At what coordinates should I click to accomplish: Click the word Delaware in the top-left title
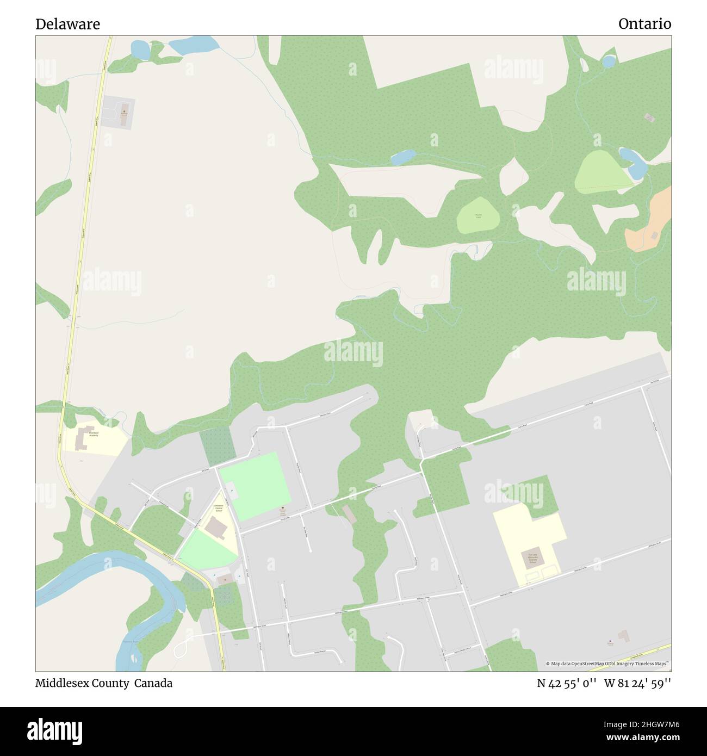pos(67,24)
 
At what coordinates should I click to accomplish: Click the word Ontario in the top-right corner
pos(644,24)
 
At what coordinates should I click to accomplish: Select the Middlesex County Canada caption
pos(104,683)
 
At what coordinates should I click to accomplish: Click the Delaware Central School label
pos(218,509)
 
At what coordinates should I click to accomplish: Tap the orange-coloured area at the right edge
pos(650,220)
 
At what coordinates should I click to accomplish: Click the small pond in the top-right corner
pos(609,60)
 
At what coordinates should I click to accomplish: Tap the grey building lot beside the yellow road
pos(119,113)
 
